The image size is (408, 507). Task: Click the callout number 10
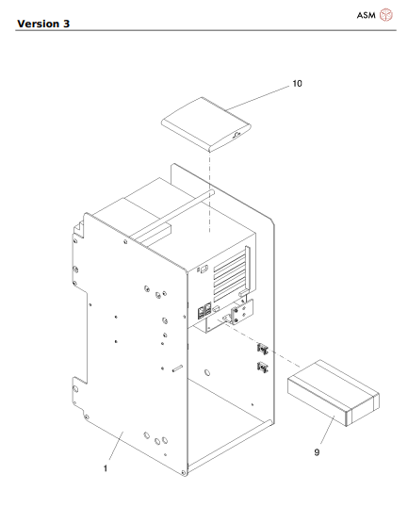297,84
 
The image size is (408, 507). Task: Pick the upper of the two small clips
263,350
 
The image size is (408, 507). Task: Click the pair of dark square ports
203,312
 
